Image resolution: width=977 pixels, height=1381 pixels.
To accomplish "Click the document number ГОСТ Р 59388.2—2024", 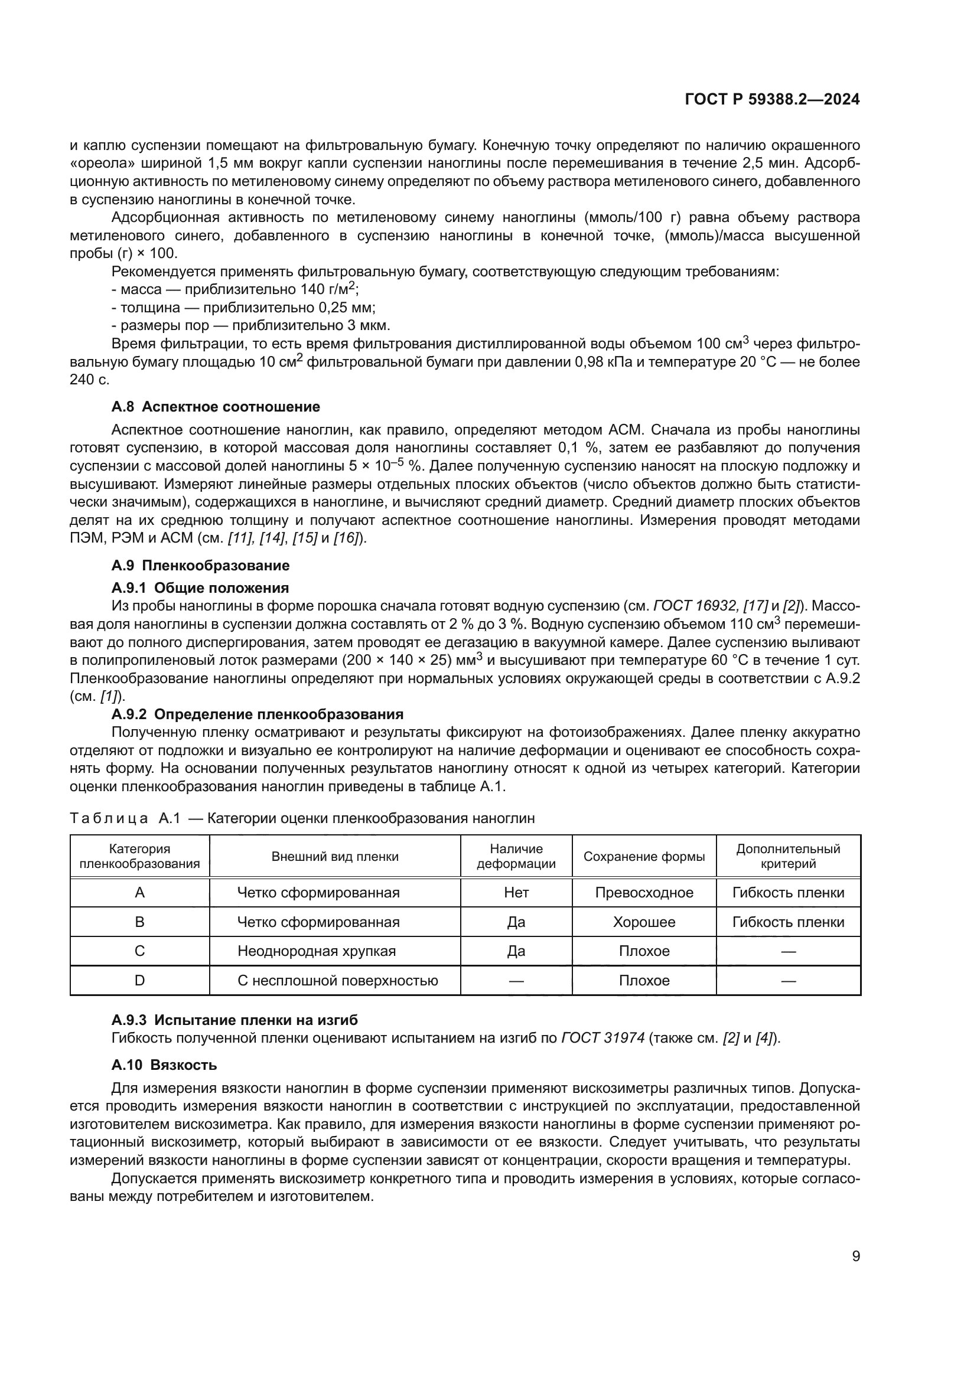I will coord(772,99).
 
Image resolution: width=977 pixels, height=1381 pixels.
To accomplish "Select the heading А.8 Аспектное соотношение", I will coord(216,407).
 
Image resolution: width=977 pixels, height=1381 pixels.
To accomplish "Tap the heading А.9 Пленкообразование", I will coord(200,566).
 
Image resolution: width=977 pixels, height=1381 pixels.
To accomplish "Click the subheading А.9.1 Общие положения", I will coord(200,587).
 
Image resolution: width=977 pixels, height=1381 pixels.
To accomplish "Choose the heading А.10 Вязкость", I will coord(164,1065).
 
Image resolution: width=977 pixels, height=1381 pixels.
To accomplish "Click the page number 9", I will coord(855,1256).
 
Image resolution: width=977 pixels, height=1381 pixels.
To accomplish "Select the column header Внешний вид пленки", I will coord(334,857).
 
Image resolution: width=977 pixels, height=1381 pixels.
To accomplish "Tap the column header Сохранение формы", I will coord(644,857).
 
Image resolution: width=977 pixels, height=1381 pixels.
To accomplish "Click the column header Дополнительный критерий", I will coord(788,857).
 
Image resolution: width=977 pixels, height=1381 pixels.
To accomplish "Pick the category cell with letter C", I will coord(139,951).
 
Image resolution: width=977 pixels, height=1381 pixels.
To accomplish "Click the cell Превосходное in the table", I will coord(644,893).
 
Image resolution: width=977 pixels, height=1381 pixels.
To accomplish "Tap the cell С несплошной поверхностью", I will coord(337,981).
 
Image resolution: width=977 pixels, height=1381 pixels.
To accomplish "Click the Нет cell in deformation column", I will coord(516,893).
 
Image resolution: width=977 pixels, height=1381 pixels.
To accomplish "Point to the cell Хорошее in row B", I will coord(644,922).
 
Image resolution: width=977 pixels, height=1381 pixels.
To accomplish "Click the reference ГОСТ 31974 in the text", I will coord(603,1037).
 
